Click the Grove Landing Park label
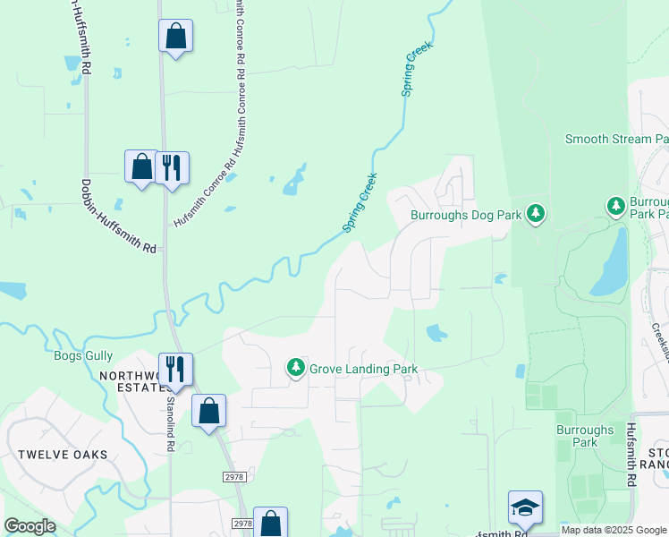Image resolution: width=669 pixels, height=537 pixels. pyautogui.click(x=363, y=369)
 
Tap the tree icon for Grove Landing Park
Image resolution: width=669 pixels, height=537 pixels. pyautogui.click(x=296, y=368)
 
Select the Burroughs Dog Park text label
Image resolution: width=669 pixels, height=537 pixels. pyautogui.click(x=465, y=215)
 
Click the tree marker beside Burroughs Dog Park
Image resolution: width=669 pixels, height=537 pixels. pyautogui.click(x=536, y=213)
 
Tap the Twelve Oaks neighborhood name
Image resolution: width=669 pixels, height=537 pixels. pyautogui.click(x=62, y=455)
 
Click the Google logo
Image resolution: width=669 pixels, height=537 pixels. pyautogui.click(x=30, y=525)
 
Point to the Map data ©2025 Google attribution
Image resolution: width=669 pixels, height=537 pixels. pyautogui.click(x=613, y=530)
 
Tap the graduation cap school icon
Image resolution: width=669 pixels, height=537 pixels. pyautogui.click(x=525, y=507)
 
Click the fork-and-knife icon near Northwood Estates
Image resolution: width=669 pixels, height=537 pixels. pyautogui.click(x=176, y=368)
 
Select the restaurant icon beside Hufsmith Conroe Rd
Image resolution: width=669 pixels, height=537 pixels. pyautogui.click(x=173, y=166)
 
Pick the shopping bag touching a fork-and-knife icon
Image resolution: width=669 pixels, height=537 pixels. pyautogui.click(x=142, y=166)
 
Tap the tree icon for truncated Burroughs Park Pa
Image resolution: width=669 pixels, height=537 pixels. pyautogui.click(x=615, y=207)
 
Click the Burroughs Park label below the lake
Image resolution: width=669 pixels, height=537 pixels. pyautogui.click(x=585, y=436)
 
